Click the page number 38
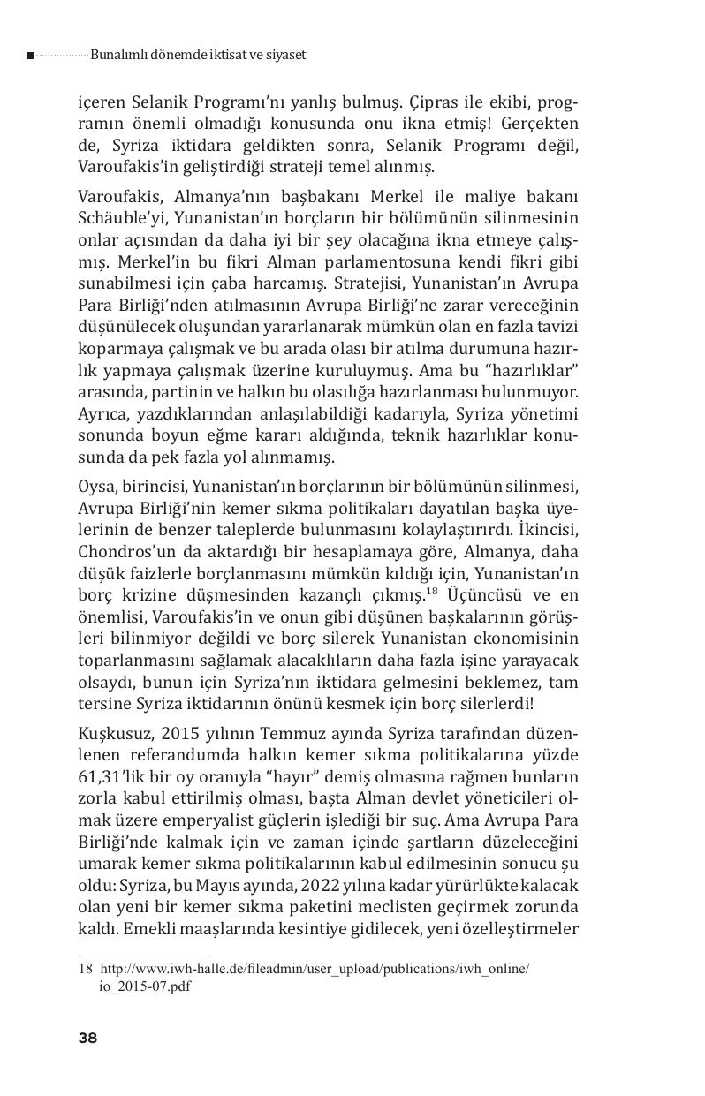(x=87, y=1039)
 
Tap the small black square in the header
(x=30, y=56)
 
